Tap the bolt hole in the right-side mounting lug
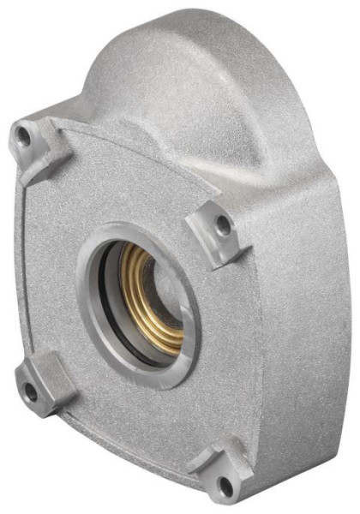pyautogui.click(x=223, y=226)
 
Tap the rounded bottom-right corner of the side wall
pyautogui.click(x=283, y=467)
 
